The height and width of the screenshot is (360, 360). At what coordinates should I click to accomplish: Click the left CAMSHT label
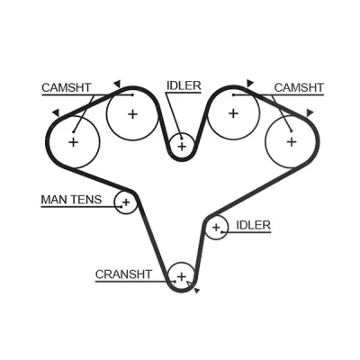pyautogui.click(x=67, y=87)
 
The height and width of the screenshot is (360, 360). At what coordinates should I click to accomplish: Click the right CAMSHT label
pyautogui.click(x=299, y=87)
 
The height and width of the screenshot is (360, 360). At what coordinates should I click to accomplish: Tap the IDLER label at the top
pyautogui.click(x=184, y=85)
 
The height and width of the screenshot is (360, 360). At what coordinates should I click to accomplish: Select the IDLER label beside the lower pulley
pyautogui.click(x=253, y=225)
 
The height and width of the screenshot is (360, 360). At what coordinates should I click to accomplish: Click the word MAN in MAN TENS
pyautogui.click(x=52, y=200)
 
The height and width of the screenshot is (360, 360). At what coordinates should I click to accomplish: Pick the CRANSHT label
pyautogui.click(x=123, y=274)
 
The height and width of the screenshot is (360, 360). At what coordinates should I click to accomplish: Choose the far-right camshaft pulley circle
pyautogui.click(x=265, y=141)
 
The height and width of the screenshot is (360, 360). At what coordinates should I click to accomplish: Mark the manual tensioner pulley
pyautogui.click(x=114, y=202)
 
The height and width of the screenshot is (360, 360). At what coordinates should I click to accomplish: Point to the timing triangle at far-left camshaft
pyautogui.click(x=56, y=113)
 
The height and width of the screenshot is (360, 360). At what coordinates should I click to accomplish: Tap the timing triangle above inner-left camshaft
pyautogui.click(x=117, y=83)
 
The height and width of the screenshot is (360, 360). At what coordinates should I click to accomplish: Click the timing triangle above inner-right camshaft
pyautogui.click(x=250, y=83)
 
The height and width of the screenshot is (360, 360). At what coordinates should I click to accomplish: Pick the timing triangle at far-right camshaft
pyautogui.click(x=310, y=113)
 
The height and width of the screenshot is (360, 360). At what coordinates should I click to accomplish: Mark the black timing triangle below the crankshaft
pyautogui.click(x=197, y=291)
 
